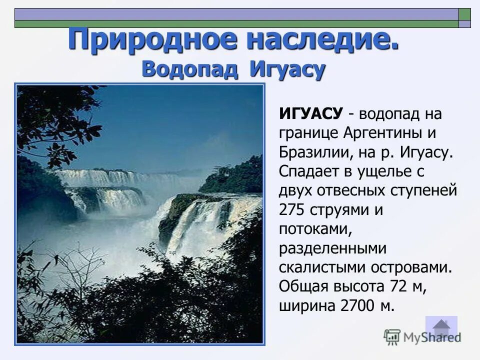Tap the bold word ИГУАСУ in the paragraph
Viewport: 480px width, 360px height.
pos(310,114)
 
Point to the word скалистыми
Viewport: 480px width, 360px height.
pos(322,267)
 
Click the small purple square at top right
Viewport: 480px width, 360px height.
pos(465,23)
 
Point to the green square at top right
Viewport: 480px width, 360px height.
pos(465,13)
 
